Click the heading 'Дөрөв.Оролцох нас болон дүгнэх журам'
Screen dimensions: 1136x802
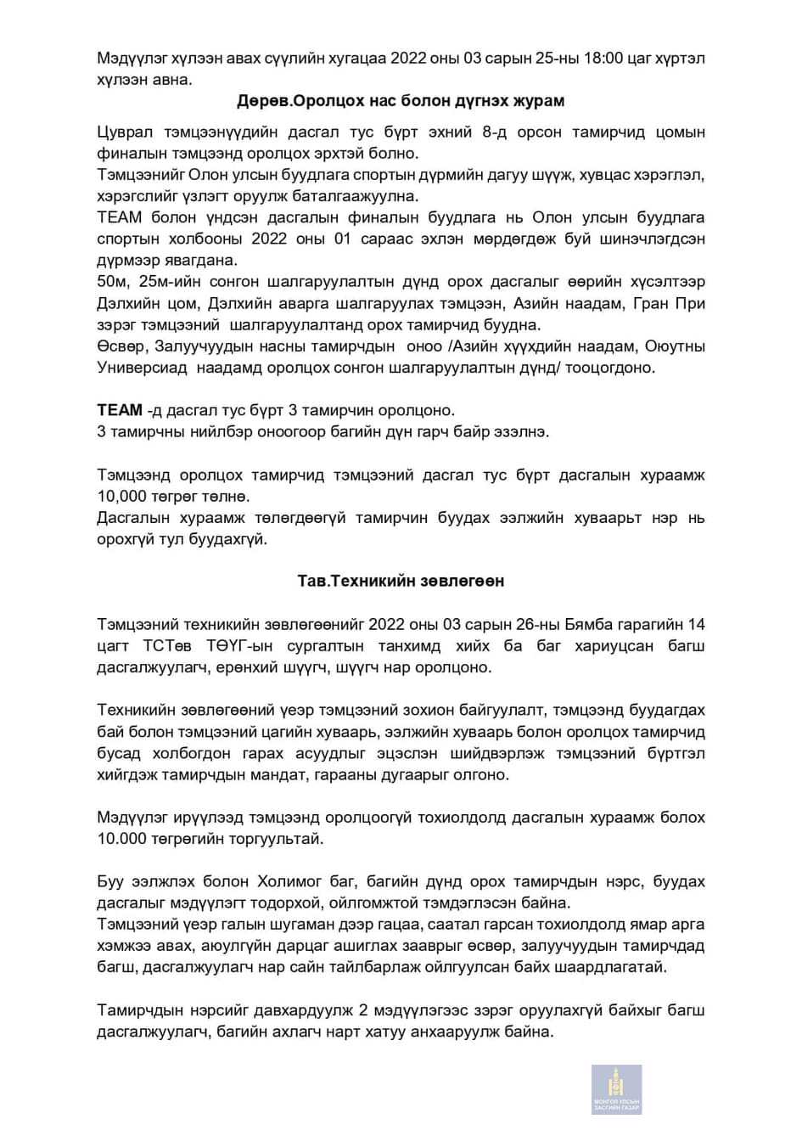401,101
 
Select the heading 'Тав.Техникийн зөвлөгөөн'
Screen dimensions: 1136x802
401,581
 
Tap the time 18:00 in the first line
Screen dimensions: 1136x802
575,59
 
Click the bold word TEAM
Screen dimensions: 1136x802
120,410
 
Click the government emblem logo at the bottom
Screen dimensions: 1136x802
616,1089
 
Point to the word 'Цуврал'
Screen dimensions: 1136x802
123,132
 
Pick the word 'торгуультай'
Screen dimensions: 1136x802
285,839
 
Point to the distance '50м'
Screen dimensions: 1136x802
111,282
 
